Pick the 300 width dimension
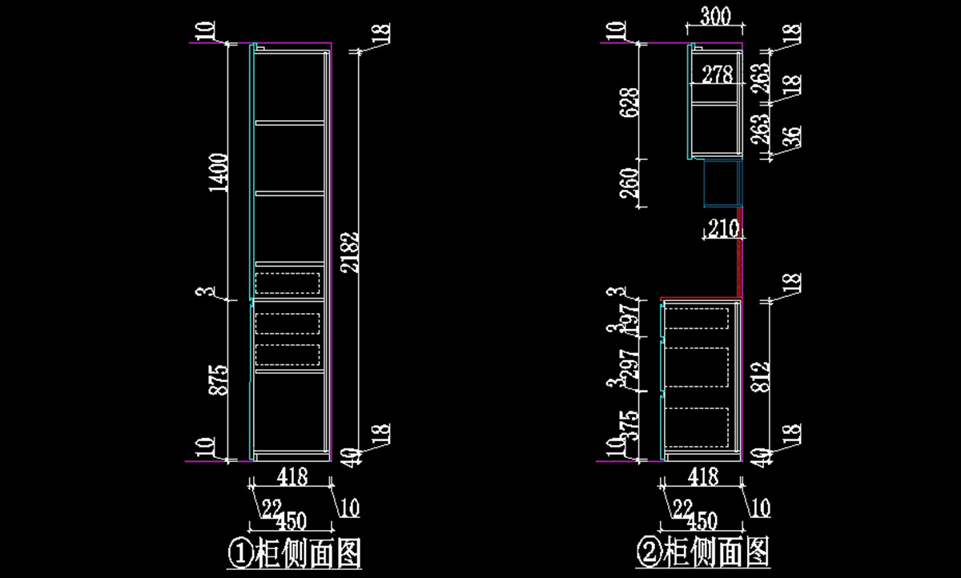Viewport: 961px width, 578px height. (714, 15)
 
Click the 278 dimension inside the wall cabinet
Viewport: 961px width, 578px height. (717, 75)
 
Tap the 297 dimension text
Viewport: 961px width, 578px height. (630, 365)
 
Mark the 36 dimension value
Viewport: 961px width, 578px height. (791, 138)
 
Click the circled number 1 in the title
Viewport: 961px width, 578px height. (239, 553)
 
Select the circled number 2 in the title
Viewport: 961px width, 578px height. (648, 552)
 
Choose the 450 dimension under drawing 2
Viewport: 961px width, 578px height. (700, 521)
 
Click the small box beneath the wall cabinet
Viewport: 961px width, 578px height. (722, 183)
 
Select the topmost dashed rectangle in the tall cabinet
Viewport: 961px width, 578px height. (288, 283)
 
